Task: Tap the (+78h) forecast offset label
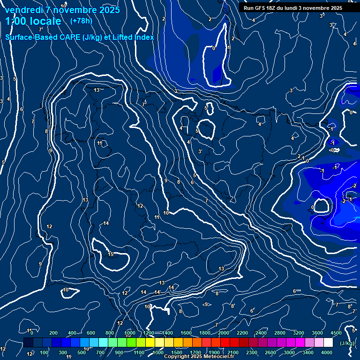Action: point(81,21)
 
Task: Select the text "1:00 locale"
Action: point(33,21)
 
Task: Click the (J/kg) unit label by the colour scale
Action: point(347,343)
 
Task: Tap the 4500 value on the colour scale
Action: point(336,333)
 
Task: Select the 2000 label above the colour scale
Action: point(224,333)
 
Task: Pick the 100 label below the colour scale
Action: point(44,352)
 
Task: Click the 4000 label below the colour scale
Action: point(327,352)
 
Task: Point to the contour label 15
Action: point(111,255)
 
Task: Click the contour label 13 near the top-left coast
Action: point(97,90)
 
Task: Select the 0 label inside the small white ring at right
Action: point(313,207)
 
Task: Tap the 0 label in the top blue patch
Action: point(213,48)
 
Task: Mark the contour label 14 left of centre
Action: point(106,224)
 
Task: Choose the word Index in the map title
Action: point(144,37)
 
